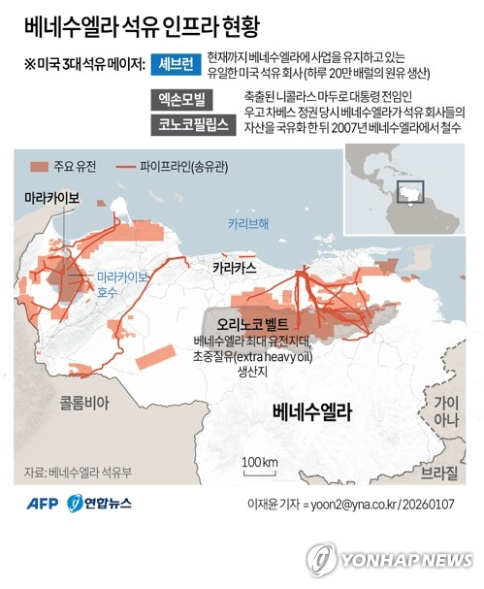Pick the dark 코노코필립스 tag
coord(195,124)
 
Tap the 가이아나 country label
coord(446,411)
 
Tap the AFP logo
coord(41,504)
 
